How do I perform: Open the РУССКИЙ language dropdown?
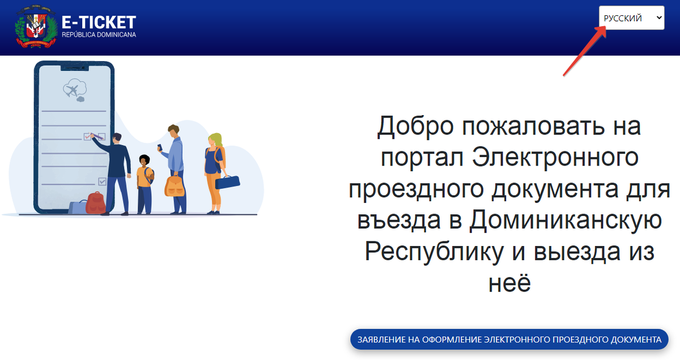click(631, 18)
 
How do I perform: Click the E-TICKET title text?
click(99, 22)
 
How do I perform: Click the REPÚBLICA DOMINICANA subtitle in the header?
click(99, 35)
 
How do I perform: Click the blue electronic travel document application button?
click(509, 340)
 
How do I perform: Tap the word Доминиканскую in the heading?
click(565, 219)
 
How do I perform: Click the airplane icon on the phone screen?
click(73, 90)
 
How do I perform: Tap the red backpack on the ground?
click(95, 202)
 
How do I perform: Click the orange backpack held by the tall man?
click(175, 185)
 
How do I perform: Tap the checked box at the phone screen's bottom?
click(102, 181)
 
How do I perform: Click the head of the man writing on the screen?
click(116, 138)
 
